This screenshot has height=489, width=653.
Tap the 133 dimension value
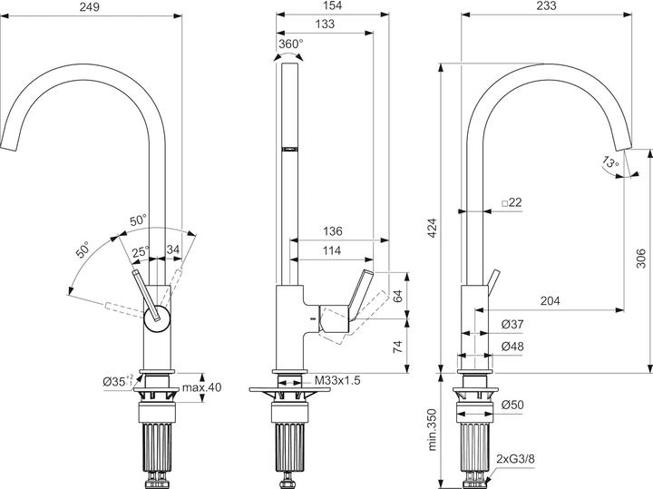[322, 24]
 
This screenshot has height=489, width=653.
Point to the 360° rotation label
[290, 43]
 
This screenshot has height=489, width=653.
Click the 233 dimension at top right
[548, 6]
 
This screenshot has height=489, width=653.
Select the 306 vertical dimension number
[641, 261]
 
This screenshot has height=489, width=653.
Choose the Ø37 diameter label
[512, 325]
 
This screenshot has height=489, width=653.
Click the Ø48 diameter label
[512, 346]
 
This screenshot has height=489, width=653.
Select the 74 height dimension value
[397, 346]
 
